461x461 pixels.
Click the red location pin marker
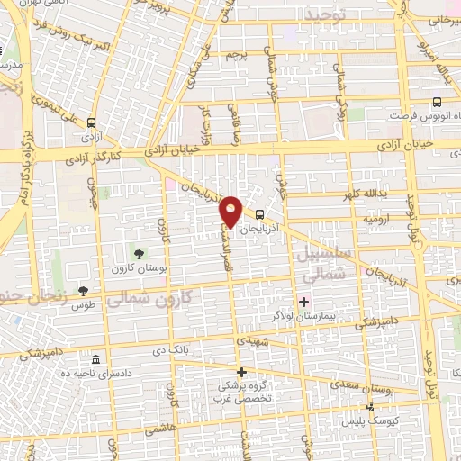(x=231, y=211)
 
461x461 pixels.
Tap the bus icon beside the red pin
(x=259, y=214)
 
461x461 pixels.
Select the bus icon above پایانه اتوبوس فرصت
(x=437, y=103)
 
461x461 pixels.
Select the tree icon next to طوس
(x=83, y=290)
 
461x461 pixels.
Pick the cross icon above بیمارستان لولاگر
(x=303, y=302)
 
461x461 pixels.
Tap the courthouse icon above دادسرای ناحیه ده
(x=95, y=357)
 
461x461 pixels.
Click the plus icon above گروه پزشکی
(x=240, y=371)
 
